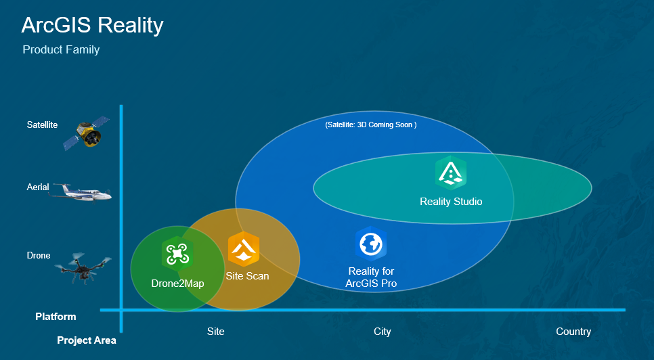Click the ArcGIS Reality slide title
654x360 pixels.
92,25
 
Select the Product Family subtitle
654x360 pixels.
61,50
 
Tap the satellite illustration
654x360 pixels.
86,133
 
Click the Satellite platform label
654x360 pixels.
42,125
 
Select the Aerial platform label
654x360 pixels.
38,187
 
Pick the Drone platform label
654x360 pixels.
39,256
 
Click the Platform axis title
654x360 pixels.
56,317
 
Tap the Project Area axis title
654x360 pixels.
86,340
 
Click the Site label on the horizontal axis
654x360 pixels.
215,332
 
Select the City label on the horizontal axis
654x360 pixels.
383,332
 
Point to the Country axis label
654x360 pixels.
573,332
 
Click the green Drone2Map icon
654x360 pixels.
177,254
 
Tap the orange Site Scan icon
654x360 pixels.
243,249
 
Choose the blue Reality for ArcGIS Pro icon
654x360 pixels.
371,244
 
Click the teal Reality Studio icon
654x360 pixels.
451,173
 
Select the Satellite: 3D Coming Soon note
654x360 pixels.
370,125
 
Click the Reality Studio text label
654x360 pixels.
451,202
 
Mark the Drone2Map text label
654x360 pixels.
177,284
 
